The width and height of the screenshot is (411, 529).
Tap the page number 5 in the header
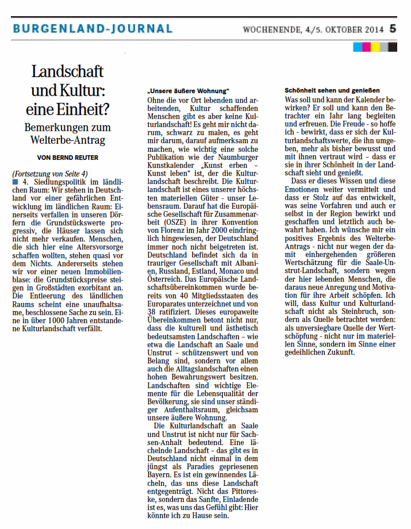(x=393, y=28)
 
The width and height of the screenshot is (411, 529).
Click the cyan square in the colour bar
(x=357, y=47)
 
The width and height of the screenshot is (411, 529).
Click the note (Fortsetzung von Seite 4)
(x=49, y=174)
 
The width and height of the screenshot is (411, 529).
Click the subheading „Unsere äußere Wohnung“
(x=188, y=91)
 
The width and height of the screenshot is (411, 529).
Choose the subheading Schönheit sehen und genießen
(x=332, y=91)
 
